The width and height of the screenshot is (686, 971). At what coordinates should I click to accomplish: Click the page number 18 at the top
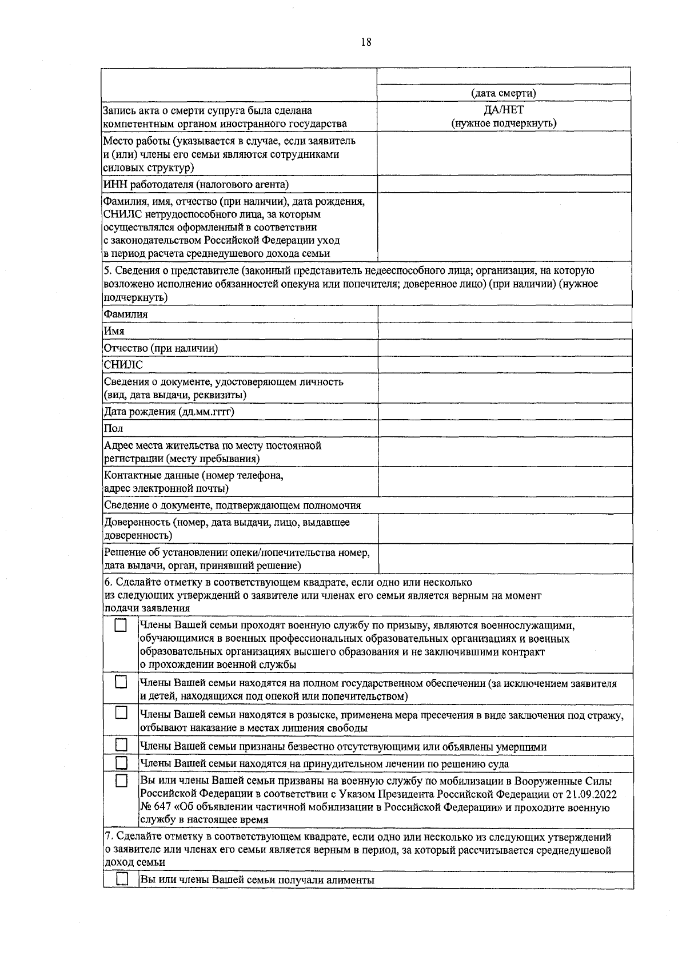click(366, 42)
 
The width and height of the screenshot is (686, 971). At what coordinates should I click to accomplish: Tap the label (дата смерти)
click(504, 93)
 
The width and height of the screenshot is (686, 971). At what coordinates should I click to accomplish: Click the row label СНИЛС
click(123, 365)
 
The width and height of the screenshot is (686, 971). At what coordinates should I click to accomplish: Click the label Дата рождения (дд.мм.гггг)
click(169, 412)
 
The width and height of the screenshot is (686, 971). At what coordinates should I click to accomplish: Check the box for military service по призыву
click(121, 626)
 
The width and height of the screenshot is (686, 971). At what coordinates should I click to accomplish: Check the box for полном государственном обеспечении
click(121, 682)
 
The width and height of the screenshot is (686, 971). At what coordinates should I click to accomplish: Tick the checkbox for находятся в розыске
click(121, 713)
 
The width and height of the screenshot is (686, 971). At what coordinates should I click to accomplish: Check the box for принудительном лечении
click(121, 763)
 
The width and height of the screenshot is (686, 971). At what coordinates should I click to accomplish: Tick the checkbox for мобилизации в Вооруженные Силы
click(121, 781)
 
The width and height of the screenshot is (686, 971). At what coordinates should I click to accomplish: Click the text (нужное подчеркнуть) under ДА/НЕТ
click(504, 123)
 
